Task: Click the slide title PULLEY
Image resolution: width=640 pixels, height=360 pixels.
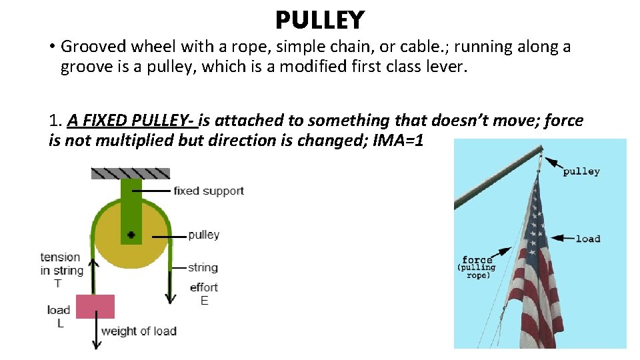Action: coord(320,20)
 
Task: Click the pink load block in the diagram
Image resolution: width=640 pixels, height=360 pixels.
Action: coord(95,307)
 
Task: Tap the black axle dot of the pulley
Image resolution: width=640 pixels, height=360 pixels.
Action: coord(131,235)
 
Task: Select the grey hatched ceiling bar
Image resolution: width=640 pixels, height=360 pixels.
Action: coord(131,173)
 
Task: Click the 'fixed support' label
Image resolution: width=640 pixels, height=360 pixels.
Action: coord(208,191)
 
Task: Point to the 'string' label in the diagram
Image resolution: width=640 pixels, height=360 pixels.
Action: coord(203,267)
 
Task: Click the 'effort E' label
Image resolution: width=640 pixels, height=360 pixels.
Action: coord(204,294)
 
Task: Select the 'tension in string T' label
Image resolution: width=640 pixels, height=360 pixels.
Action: coord(61,270)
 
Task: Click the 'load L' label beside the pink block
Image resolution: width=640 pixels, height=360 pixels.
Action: coord(59,316)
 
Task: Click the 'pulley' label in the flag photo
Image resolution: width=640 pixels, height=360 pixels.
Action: coord(581,171)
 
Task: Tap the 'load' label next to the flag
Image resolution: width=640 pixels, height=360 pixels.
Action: coord(588,239)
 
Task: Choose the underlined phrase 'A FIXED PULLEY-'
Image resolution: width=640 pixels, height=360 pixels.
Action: coord(131,121)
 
